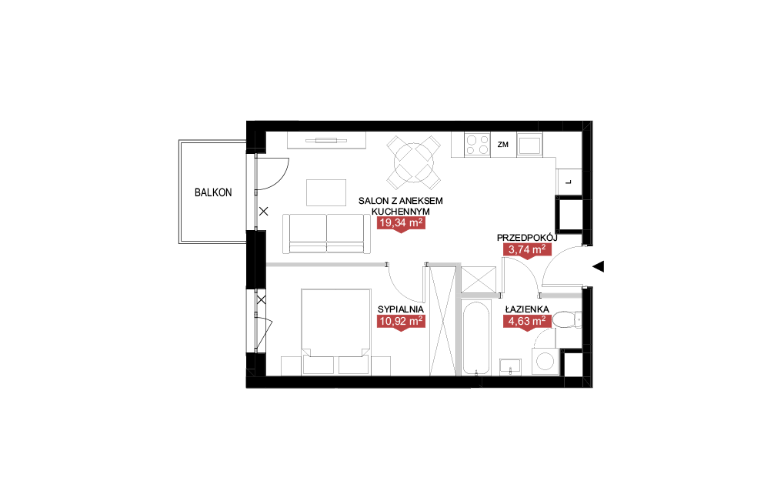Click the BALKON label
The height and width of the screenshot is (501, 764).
point(213,192)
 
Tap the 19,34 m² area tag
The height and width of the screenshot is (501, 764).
point(401,224)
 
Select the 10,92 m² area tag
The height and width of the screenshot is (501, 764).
point(401,322)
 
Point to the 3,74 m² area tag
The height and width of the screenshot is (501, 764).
point(527,251)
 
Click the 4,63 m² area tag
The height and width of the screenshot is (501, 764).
point(527,322)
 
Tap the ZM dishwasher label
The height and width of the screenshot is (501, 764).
point(503,145)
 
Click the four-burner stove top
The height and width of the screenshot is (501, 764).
point(478,144)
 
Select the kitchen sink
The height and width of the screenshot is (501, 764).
point(529,145)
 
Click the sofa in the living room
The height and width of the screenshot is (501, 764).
point(326,234)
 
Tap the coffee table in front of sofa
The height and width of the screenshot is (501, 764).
point(326,192)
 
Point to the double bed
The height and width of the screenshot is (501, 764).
point(335,332)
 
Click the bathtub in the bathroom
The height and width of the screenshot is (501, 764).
point(475,339)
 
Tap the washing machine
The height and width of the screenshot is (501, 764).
point(545,361)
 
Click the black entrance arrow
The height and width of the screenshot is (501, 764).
point(599,266)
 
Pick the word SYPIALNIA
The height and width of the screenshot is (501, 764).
point(401,309)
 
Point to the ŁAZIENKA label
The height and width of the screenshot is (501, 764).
point(527,309)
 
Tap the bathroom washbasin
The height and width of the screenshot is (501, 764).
point(510,366)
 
